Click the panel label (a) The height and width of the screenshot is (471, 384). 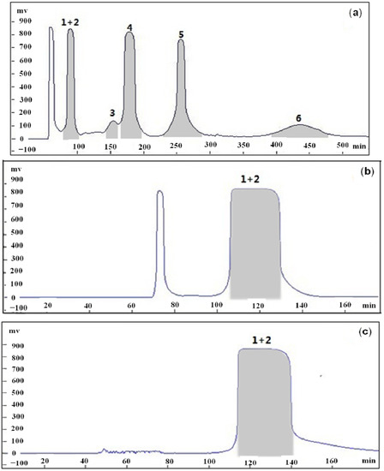coord(363,13)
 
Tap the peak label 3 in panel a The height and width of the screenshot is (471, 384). coord(112,112)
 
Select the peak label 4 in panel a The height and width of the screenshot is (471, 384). coord(129,27)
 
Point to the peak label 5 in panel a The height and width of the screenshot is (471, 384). coord(181,34)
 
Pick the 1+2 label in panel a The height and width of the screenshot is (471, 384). coord(70,20)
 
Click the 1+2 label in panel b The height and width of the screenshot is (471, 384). coord(256,181)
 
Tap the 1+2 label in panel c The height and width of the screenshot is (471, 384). coord(264,340)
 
